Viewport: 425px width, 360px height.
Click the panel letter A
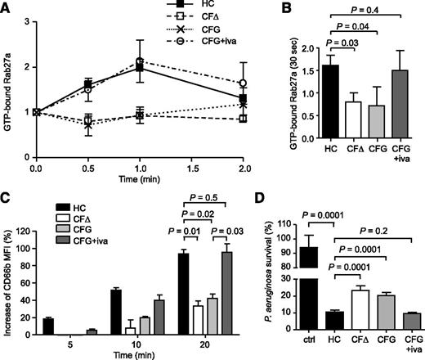point(7,7)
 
